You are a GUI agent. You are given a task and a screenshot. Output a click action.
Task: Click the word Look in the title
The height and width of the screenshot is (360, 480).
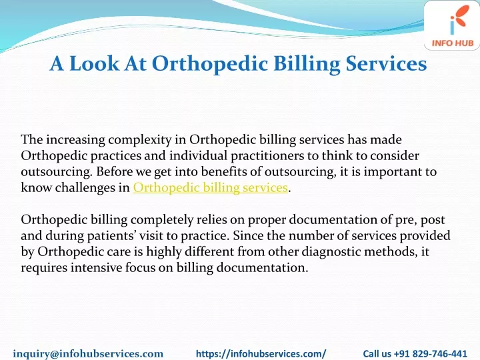pyautogui.click(x=94, y=64)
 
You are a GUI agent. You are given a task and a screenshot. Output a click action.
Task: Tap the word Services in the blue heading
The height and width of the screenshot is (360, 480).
pyautogui.click(x=386, y=64)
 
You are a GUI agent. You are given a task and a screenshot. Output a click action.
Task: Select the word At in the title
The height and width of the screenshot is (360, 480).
pyautogui.click(x=135, y=64)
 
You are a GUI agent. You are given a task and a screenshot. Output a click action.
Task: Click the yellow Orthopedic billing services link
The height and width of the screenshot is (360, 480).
pyautogui.click(x=211, y=187)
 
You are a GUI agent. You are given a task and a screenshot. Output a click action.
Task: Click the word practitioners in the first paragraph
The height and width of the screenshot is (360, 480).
pyautogui.click(x=267, y=155)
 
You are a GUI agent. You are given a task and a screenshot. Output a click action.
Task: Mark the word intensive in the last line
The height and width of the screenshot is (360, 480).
pyautogui.click(x=97, y=267)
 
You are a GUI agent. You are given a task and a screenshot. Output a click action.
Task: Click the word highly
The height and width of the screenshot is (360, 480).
pyautogui.click(x=163, y=251)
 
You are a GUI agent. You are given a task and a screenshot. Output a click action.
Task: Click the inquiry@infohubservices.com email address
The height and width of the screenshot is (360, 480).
pyautogui.click(x=88, y=353)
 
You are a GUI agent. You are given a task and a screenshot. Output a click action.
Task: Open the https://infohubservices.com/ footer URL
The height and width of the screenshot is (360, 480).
pyautogui.click(x=261, y=353)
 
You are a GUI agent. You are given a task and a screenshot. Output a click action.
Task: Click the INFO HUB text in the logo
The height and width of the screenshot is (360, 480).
pyautogui.click(x=453, y=43)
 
